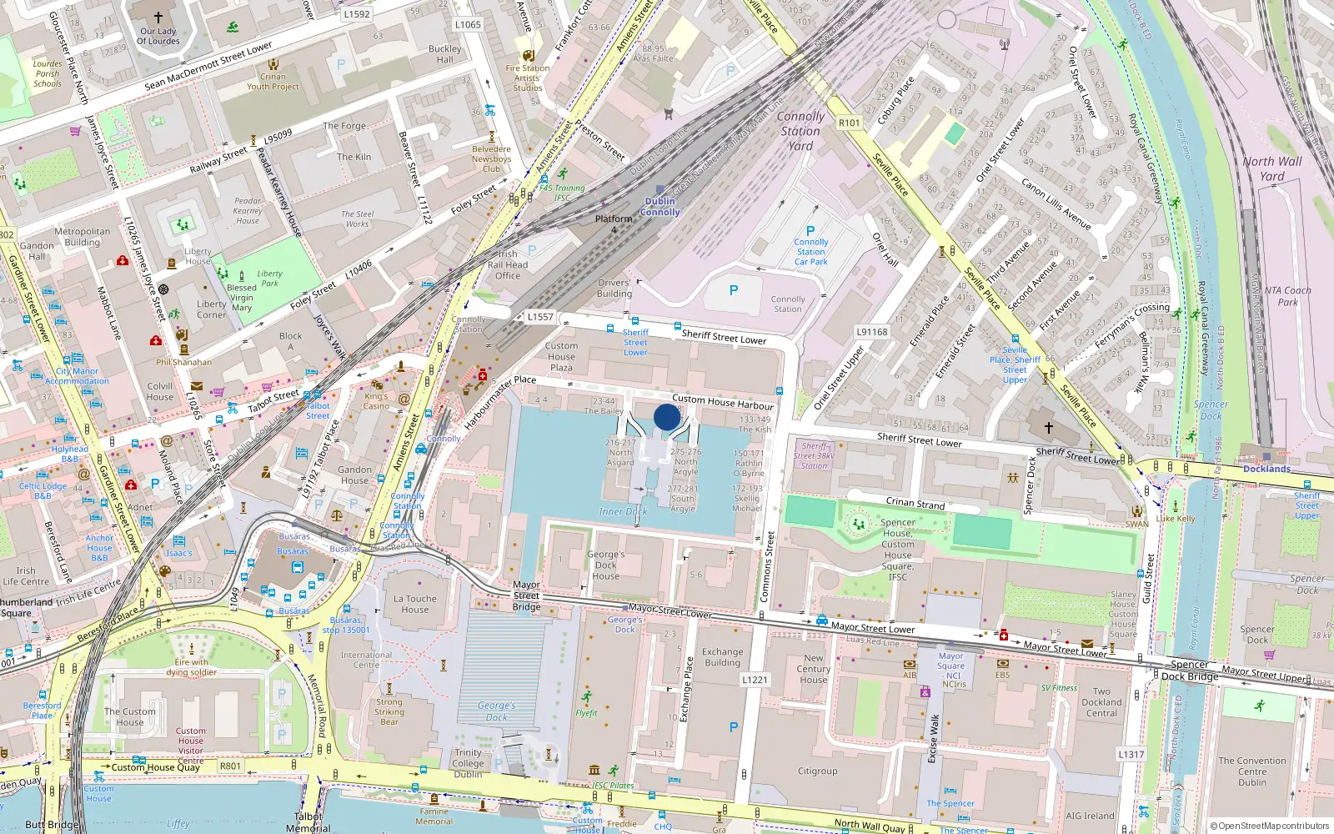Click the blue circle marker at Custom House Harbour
pos(666,417)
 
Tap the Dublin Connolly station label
pos(659,206)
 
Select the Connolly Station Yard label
pos(800,131)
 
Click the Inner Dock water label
pos(623,511)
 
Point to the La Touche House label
pos(415,604)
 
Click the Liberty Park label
pos(269,278)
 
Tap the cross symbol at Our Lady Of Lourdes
pos(158,17)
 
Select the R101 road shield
pos(849,123)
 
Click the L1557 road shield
pos(540,317)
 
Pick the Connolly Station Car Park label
pos(810,251)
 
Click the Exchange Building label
pos(722,657)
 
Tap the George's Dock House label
pos(606,565)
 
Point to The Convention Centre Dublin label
pos(1251,771)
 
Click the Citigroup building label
pos(817,771)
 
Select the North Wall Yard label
pos(1271,168)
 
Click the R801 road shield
pos(230,766)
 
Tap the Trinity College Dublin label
pos(468,763)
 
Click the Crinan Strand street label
pos(915,503)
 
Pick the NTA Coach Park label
pos(1287,296)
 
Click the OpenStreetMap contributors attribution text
pos(1270,826)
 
